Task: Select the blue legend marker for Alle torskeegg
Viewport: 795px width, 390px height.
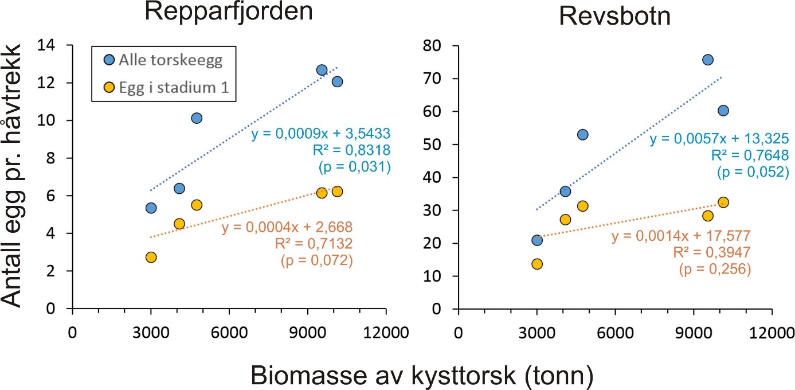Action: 108,59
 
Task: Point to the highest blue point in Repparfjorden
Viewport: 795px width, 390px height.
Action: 322,70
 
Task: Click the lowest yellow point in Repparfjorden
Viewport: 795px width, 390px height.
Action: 151,257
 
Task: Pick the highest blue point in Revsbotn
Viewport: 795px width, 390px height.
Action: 708,60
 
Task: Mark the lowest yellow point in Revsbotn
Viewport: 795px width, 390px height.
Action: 537,264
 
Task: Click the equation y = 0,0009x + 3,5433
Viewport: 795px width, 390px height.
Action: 320,134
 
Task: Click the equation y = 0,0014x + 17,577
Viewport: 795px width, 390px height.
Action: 682,237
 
